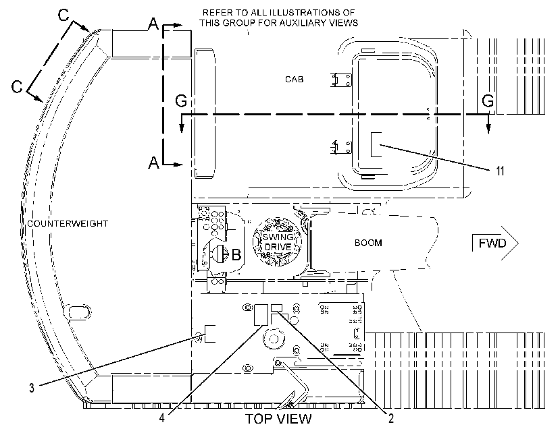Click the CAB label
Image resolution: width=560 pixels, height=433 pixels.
295,79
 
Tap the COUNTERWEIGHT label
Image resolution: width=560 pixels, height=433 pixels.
68,224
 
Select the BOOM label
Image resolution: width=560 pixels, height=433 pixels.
368,243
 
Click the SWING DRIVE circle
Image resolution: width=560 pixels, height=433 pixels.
277,241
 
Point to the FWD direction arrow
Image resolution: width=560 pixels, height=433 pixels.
495,243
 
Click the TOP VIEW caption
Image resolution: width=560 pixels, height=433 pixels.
278,419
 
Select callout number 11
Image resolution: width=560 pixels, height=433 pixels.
500,171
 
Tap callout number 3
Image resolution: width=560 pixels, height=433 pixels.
32,388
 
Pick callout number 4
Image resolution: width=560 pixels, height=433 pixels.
162,417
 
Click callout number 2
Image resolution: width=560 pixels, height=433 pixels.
391,418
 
